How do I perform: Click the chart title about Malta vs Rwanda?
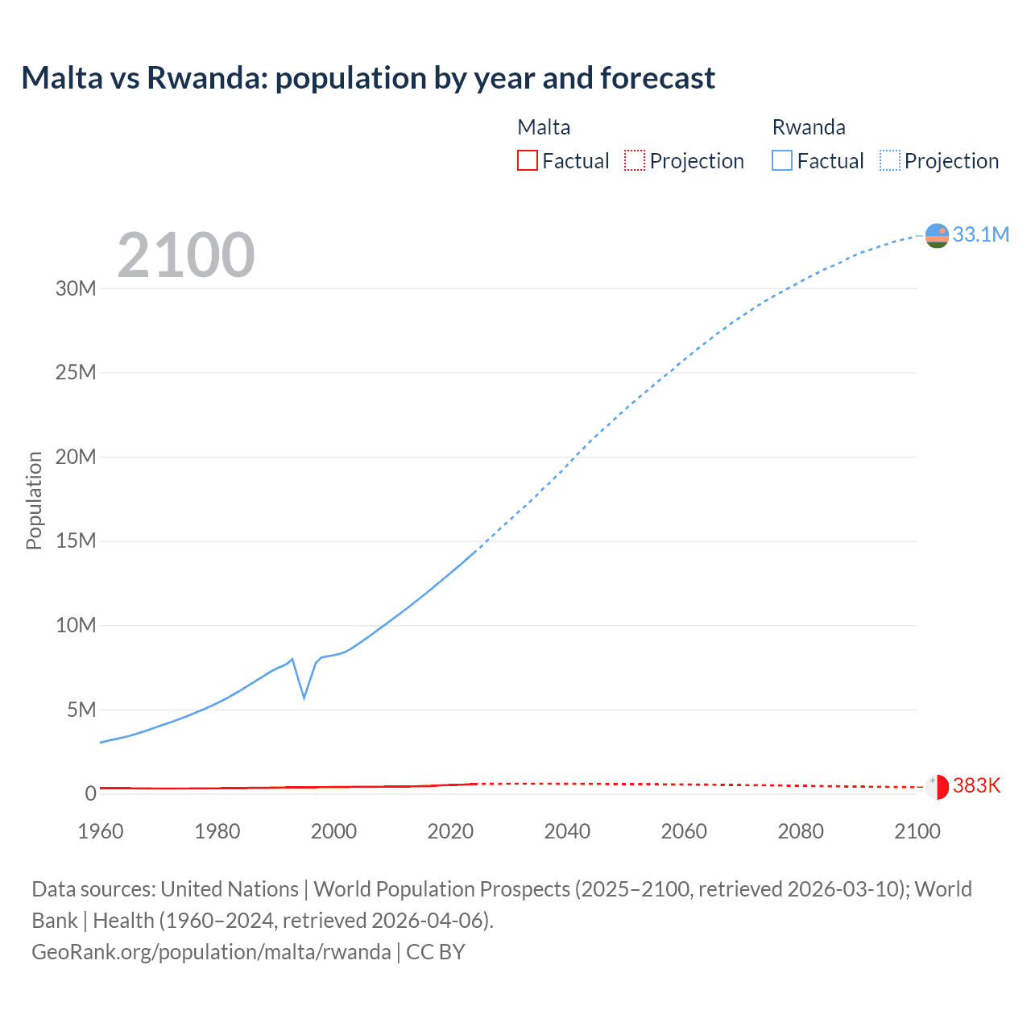coord(368,78)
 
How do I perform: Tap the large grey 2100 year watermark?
coord(186,255)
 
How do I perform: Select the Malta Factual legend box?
coord(528,160)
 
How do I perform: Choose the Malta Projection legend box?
coord(635,160)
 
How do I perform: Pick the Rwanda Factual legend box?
coord(782,160)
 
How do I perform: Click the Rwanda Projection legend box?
coord(890,160)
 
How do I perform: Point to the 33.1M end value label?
coord(980,234)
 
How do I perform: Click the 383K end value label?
coord(976,785)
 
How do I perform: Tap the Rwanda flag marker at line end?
coord(937,235)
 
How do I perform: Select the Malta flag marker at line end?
coord(937,787)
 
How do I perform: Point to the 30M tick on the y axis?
coord(76,288)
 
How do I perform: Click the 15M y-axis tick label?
coord(76,540)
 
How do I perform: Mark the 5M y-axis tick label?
coord(81,710)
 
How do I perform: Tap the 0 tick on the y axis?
coord(90,793)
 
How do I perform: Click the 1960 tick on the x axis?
coord(101,831)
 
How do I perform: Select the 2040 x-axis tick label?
coord(567,831)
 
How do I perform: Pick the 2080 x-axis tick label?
coord(801,831)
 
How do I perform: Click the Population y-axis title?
coord(34,500)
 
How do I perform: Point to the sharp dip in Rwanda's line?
coord(304,697)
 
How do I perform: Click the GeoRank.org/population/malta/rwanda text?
coord(211,951)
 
